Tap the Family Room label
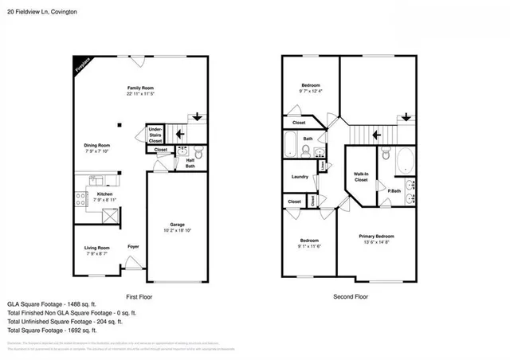pyautogui.click(x=140, y=88)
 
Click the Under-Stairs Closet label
pyautogui.click(x=155, y=134)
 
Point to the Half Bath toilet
pyautogui.click(x=199, y=151)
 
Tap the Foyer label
pyautogui.click(x=134, y=247)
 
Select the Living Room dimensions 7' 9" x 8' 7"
pyautogui.click(x=97, y=254)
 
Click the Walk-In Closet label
pyautogui.click(x=361, y=177)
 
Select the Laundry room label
pyautogui.click(x=300, y=177)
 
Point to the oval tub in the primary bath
pyautogui.click(x=406, y=160)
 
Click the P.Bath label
pyautogui.click(x=394, y=190)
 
